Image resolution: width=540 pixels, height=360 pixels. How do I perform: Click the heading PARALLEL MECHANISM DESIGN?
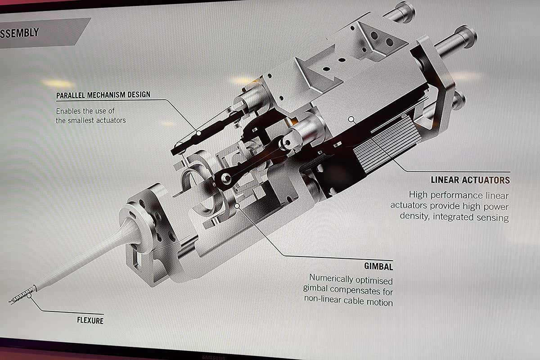click(x=103, y=95)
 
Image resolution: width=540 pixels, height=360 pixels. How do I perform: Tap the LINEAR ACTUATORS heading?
click(x=470, y=180)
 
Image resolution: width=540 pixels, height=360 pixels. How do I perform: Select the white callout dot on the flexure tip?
click(x=30, y=296)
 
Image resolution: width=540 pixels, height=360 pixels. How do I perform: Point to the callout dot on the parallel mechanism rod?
click(x=198, y=134)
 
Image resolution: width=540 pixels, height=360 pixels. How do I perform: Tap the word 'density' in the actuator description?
click(x=415, y=217)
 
